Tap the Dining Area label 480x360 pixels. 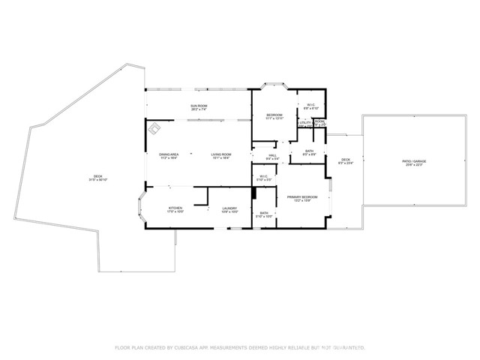click(168, 157)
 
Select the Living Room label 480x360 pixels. click(220, 157)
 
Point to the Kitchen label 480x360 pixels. click(175, 210)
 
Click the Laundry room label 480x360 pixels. click(229, 210)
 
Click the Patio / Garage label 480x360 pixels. click(414, 162)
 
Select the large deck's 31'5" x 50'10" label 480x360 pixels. click(98, 178)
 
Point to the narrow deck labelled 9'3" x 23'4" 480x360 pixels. click(346, 161)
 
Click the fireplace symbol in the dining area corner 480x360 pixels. click(154, 129)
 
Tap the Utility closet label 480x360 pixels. click(304, 123)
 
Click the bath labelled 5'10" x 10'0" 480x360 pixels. click(264, 214)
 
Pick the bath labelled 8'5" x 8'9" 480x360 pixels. click(309, 153)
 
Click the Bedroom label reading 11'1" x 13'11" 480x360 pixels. click(274, 116)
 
